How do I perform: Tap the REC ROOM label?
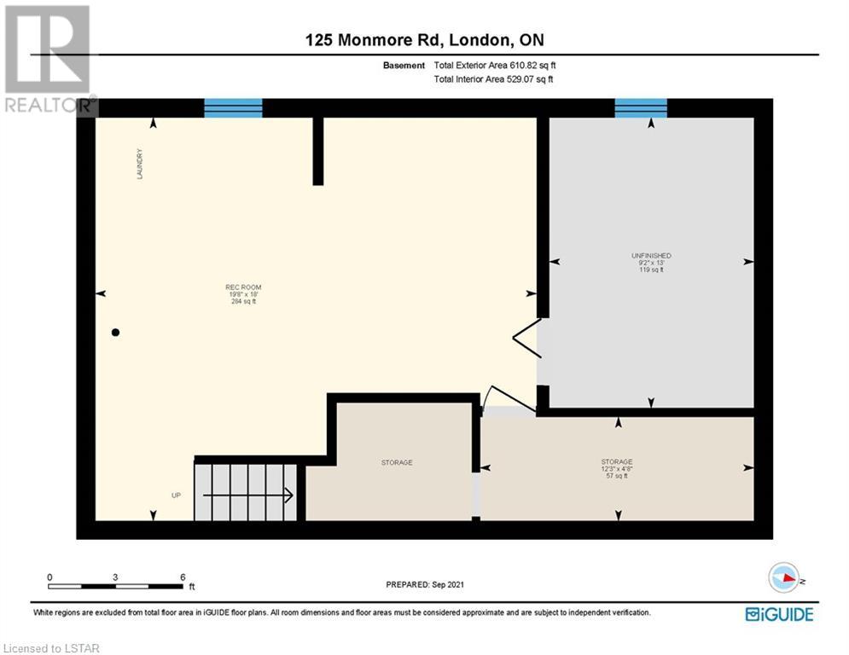[x=243, y=287]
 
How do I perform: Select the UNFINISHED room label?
[x=651, y=256]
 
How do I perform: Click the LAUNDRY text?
[x=140, y=164]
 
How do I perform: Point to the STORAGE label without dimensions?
[x=397, y=463]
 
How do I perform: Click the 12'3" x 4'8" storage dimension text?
[x=617, y=469]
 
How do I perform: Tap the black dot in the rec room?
[x=115, y=333]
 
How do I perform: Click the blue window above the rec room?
[x=233, y=107]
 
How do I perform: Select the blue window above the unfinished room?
[x=641, y=107]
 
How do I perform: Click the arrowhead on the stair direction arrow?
[x=289, y=495]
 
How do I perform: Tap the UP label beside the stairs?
[x=176, y=496]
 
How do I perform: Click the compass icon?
[x=784, y=577]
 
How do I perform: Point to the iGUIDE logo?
[x=779, y=614]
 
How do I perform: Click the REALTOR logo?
[x=49, y=59]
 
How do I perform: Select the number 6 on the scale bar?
[x=183, y=577]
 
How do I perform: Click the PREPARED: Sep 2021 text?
[x=425, y=584]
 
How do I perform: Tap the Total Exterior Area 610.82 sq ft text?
[x=495, y=66]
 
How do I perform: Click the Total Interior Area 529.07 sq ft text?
[x=494, y=79]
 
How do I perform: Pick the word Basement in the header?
[x=404, y=66]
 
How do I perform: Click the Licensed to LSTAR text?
[x=51, y=648]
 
